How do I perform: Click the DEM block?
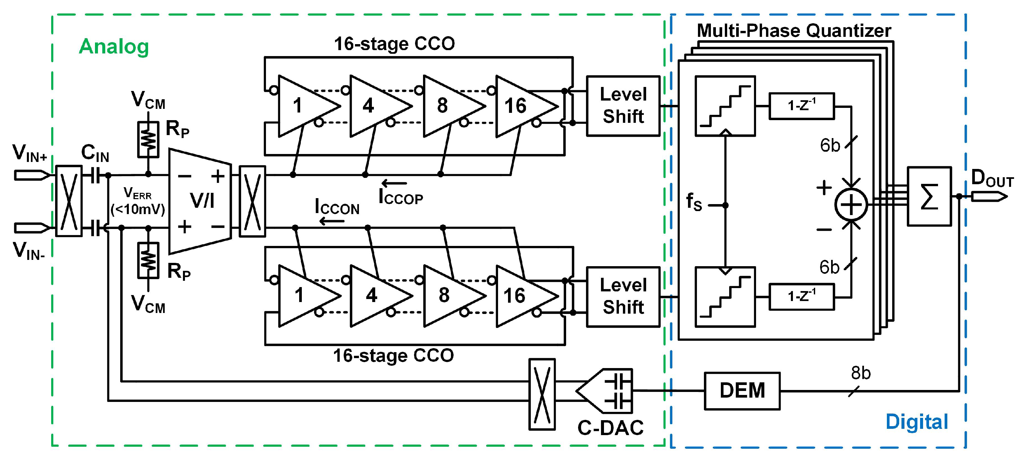[742, 391]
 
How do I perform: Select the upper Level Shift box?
[623, 106]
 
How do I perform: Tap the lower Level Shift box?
[623, 297]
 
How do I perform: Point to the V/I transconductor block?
[200, 201]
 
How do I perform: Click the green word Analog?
[114, 46]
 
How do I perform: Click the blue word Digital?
[916, 421]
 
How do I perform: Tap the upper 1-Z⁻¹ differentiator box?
[801, 106]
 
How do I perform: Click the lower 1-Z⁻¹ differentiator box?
[801, 297]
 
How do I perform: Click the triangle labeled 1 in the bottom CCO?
[305, 296]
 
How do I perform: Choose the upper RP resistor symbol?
[148, 139]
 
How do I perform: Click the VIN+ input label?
[30, 153]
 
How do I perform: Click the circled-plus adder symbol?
[851, 205]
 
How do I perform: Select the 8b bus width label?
[861, 373]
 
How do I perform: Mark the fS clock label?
[693, 201]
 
